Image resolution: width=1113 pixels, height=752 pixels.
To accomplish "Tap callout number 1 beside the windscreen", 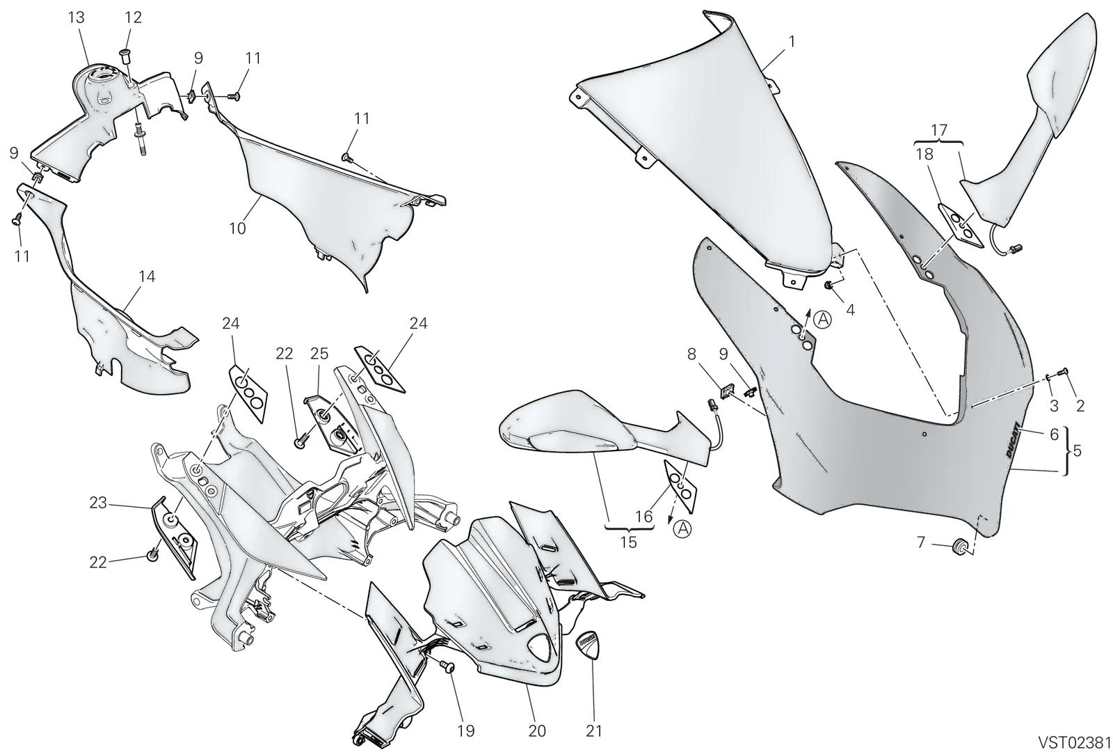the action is click(792, 41).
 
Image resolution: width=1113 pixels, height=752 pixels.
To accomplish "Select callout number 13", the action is click(76, 18).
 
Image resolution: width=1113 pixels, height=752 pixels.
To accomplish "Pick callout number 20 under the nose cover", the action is click(537, 730).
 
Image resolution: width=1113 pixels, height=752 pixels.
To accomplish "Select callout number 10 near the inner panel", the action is click(237, 228).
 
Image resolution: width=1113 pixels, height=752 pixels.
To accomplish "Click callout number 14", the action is click(147, 276).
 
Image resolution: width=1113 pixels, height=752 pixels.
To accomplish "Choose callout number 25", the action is click(319, 354).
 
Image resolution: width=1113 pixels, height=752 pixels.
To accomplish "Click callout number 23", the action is click(98, 503).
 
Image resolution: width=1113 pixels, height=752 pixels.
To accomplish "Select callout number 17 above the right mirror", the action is click(939, 130).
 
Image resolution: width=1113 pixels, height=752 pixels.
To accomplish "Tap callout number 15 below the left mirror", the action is click(629, 542).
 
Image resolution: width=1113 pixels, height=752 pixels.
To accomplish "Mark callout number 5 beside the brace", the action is click(1078, 451).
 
